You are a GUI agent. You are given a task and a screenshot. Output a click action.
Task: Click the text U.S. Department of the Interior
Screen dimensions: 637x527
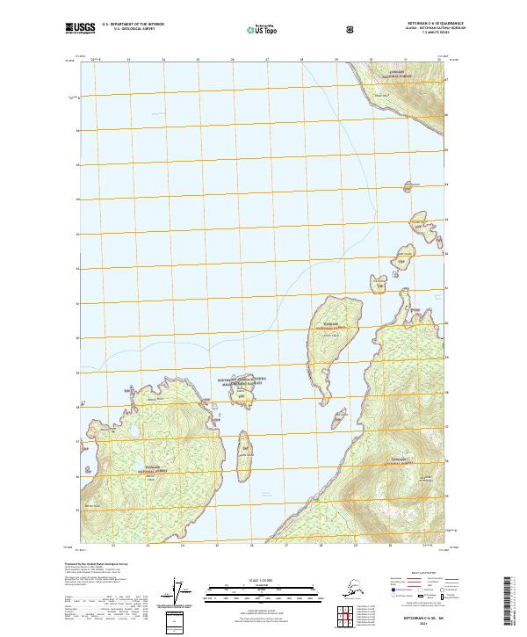tap(133, 25)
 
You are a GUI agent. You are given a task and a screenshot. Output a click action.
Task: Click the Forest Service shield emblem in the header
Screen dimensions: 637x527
tap(351, 28)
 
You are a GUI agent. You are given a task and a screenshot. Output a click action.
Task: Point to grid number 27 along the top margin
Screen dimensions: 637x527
tap(267, 59)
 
